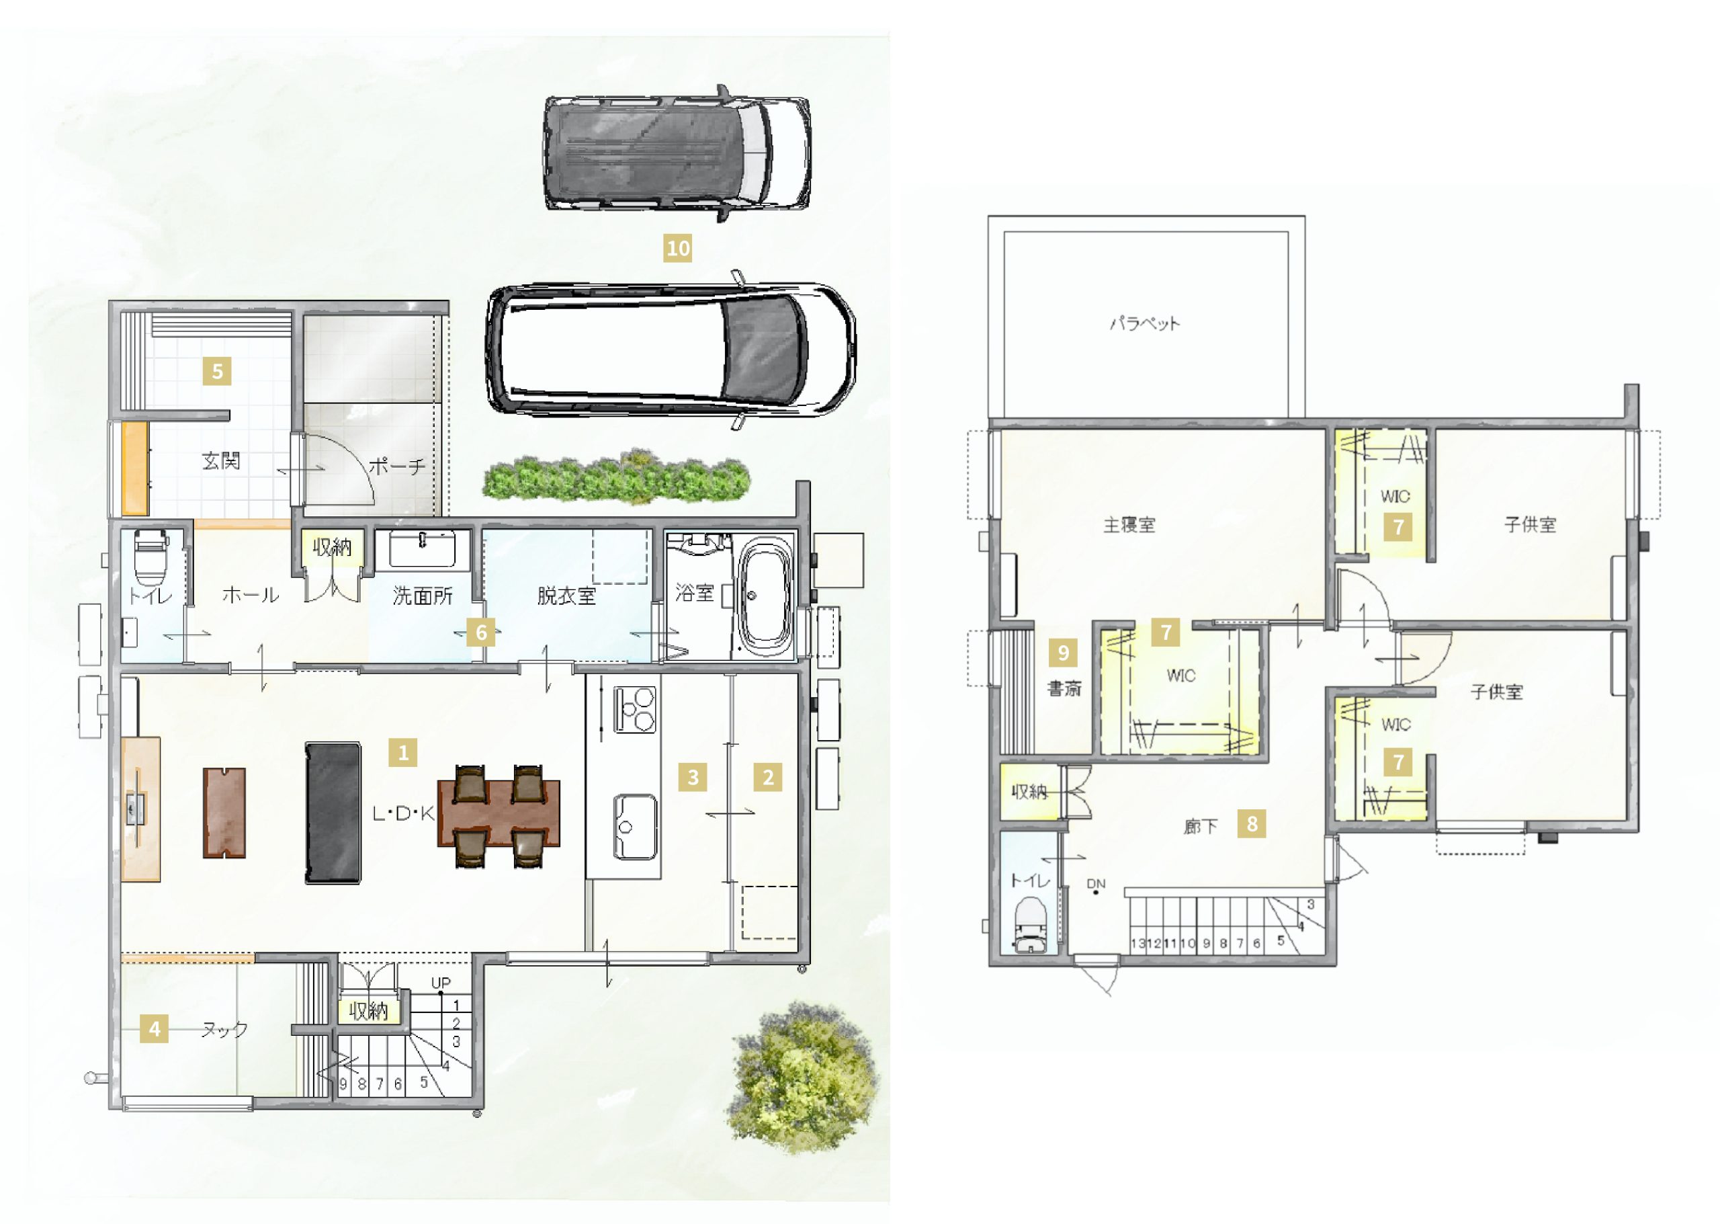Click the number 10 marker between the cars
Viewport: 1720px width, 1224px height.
[x=677, y=248]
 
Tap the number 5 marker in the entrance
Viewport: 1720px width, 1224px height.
[x=217, y=371]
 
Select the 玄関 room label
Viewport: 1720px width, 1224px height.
[x=221, y=460]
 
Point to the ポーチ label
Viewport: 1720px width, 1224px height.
[x=397, y=466]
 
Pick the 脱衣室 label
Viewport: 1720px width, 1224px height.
[x=566, y=596]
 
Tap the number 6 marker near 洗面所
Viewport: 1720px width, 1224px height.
[x=480, y=633]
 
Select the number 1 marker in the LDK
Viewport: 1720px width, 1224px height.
[x=403, y=752]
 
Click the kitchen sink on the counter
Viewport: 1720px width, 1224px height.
[x=634, y=827]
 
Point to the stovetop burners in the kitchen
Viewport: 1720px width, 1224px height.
[x=635, y=709]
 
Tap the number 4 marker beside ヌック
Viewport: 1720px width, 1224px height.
[x=155, y=1029]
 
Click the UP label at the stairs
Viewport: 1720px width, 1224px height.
[x=441, y=983]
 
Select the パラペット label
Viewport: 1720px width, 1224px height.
[x=1144, y=324]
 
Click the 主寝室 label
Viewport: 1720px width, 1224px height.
[x=1129, y=524]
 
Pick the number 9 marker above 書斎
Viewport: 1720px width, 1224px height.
[x=1063, y=653]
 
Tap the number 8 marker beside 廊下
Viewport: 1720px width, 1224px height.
[x=1252, y=824]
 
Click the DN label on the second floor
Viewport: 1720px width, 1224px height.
[x=1096, y=884]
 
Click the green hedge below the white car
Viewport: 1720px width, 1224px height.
[x=616, y=477]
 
